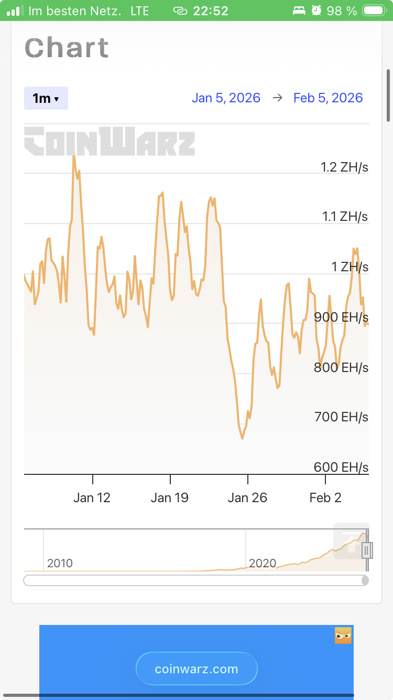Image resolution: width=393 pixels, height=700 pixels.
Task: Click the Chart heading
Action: (67, 48)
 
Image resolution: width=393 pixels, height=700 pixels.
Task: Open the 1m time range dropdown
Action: (46, 98)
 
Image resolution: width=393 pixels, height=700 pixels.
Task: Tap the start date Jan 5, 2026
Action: (226, 98)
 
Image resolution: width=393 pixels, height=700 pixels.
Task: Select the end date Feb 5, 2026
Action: (328, 98)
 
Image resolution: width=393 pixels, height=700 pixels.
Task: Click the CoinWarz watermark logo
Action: (110, 141)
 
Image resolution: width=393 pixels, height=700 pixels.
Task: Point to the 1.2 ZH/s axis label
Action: (344, 167)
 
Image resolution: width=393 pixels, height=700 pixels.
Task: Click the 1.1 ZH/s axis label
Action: (345, 216)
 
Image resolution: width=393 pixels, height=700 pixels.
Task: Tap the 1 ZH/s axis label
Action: (350, 267)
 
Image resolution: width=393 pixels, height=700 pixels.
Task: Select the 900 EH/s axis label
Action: (341, 317)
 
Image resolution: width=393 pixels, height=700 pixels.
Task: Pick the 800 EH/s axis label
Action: (341, 367)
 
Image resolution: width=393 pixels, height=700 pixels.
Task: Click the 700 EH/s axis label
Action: (341, 417)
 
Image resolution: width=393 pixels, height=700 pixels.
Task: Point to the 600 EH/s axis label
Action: (341, 467)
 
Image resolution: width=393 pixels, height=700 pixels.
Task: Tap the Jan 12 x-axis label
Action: (92, 497)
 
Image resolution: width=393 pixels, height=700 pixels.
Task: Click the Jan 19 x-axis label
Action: (170, 497)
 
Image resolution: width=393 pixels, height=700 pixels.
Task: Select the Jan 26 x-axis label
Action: (247, 497)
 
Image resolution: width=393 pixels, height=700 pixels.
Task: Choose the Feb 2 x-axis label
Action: (325, 497)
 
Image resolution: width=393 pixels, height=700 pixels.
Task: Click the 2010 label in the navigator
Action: (60, 563)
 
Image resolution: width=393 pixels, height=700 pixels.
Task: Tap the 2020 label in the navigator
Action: (263, 563)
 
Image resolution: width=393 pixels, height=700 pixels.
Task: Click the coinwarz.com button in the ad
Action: (196, 669)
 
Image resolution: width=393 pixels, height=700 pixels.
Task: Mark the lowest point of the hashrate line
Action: (242, 438)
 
